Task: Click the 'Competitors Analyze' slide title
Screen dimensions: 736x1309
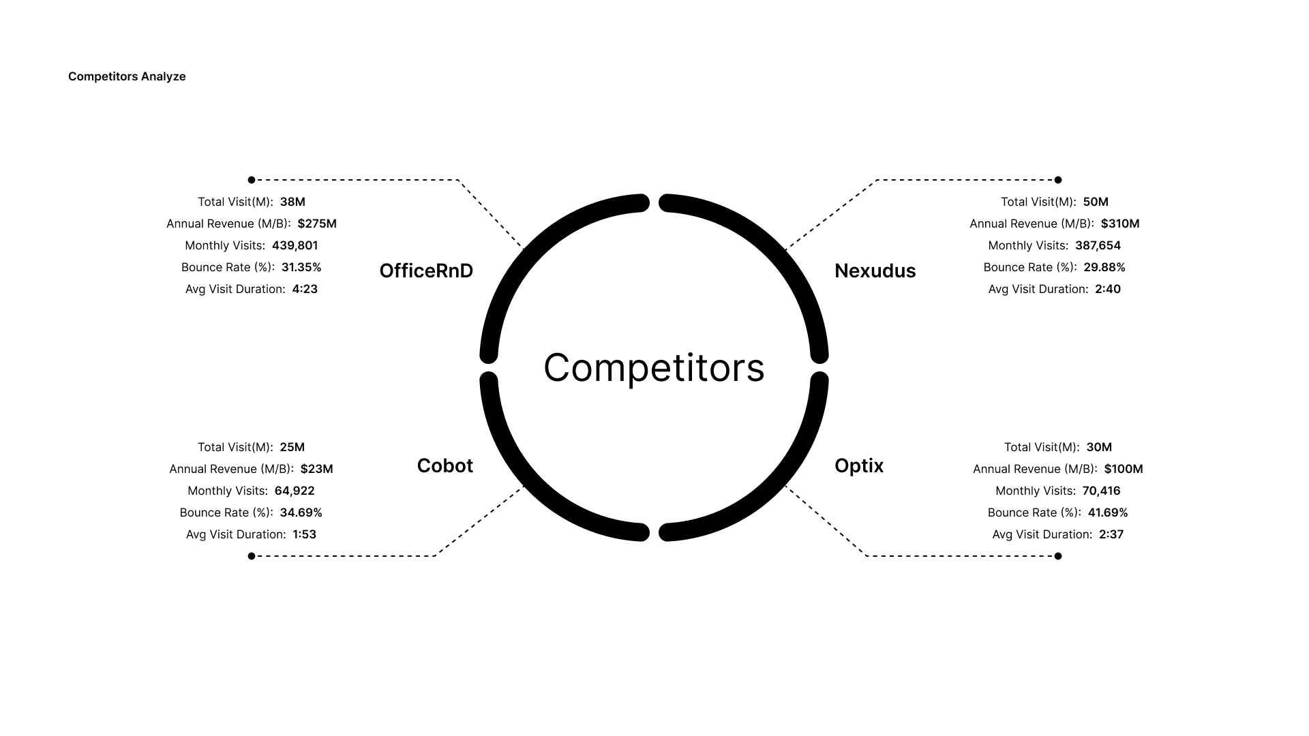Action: pyautogui.click(x=127, y=76)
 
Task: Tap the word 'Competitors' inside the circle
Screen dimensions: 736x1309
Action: pyautogui.click(x=654, y=368)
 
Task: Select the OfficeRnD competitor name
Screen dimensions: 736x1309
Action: pyautogui.click(x=426, y=271)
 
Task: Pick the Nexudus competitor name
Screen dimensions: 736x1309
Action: pyautogui.click(x=875, y=271)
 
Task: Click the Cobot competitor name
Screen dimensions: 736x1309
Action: pyautogui.click(x=445, y=465)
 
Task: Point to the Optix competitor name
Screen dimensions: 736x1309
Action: pyautogui.click(x=859, y=465)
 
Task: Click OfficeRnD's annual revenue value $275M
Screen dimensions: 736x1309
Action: pyautogui.click(x=317, y=224)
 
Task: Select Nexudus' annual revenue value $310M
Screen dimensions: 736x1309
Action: pyautogui.click(x=1120, y=224)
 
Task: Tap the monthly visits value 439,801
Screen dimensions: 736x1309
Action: pyautogui.click(x=295, y=245)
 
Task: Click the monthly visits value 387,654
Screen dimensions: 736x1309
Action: pyautogui.click(x=1098, y=245)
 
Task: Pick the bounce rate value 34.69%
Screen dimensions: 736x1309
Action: pyautogui.click(x=301, y=512)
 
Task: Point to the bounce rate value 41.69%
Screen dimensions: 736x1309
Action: pyautogui.click(x=1108, y=512)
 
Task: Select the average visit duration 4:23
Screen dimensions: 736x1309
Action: pyautogui.click(x=305, y=289)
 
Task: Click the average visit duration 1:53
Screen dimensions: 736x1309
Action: pyautogui.click(x=304, y=534)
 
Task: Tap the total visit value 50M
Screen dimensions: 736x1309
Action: pyautogui.click(x=1096, y=202)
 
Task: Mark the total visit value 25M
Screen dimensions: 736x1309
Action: pyautogui.click(x=292, y=447)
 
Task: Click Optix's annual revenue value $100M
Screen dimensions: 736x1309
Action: pyautogui.click(x=1124, y=469)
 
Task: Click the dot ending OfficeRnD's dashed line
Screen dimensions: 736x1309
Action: pyautogui.click(x=252, y=180)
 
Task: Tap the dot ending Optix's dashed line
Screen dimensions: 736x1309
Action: pyautogui.click(x=1058, y=556)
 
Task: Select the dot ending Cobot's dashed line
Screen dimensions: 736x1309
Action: pyautogui.click(x=252, y=556)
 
